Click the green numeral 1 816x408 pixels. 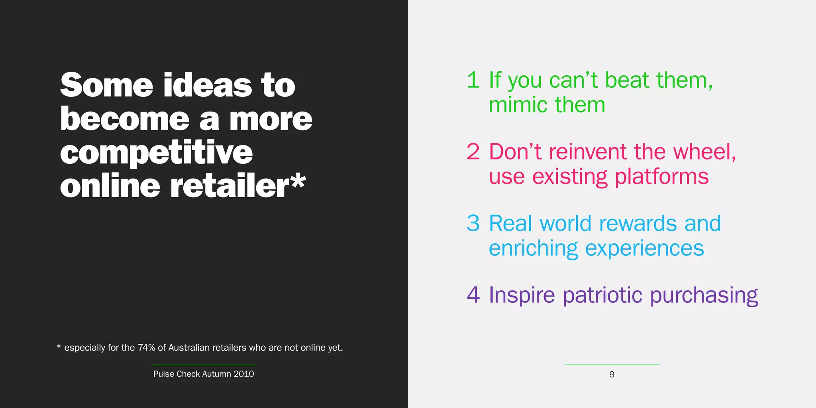pos(473,80)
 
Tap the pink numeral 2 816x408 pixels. pos(473,152)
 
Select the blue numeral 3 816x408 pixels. pos(473,224)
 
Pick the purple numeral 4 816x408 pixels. pos(473,295)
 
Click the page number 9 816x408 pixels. pos(612,375)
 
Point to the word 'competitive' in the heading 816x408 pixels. pos(157,153)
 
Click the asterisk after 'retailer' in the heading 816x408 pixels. pos(298,182)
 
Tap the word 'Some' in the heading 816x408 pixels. pos(107,85)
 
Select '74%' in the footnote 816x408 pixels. pos(146,348)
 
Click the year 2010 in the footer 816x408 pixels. pos(244,374)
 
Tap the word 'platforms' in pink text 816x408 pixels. pos(662,177)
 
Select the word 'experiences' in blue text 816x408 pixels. pos(644,249)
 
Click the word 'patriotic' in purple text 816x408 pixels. pos(602,295)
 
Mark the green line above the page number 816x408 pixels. pos(612,365)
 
